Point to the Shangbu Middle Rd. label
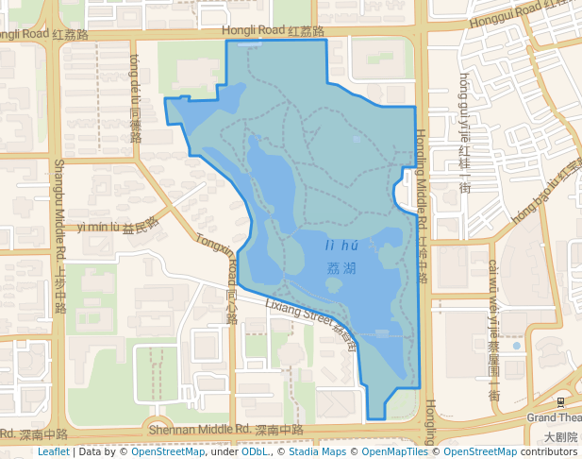[59, 236]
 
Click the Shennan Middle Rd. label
[226, 430]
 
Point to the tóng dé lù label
[135, 98]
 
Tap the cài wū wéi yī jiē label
[493, 331]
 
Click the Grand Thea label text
[554, 417]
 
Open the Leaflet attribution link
[53, 451]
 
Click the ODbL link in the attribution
[255, 451]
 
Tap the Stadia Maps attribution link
[315, 451]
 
